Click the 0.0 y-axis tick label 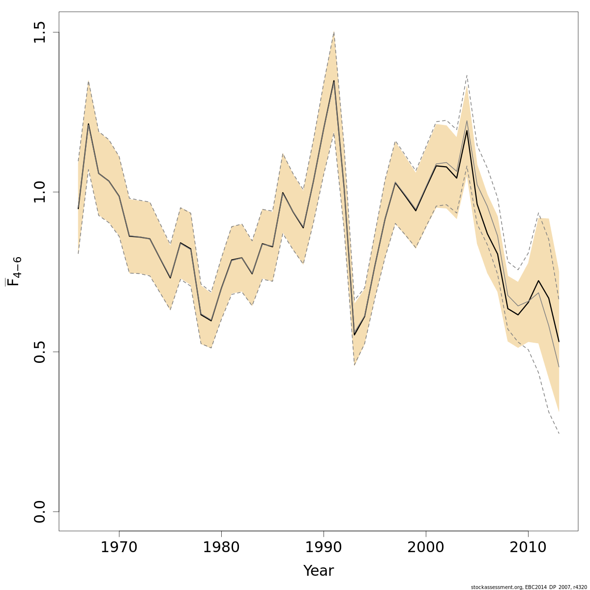pyautogui.click(x=40, y=511)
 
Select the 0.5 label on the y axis pyautogui.click(x=40, y=352)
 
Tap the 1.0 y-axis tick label pyautogui.click(x=40, y=192)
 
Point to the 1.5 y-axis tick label pyautogui.click(x=40, y=32)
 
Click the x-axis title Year pyautogui.click(x=318, y=571)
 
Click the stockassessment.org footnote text pyautogui.click(x=529, y=587)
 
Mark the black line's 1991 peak pyautogui.click(x=334, y=81)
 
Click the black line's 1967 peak pyautogui.click(x=88, y=123)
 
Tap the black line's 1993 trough pyautogui.click(x=354, y=335)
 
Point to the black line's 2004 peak pyautogui.click(x=467, y=130)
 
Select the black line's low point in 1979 pyautogui.click(x=211, y=321)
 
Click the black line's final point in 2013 pyautogui.click(x=559, y=342)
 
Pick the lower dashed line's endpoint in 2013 pyautogui.click(x=559, y=434)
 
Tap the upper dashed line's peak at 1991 pyautogui.click(x=334, y=32)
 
